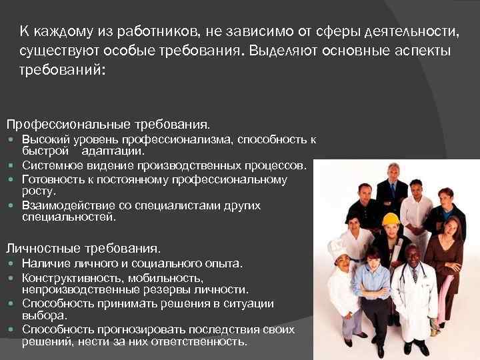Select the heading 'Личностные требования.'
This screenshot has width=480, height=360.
pyautogui.click(x=83, y=249)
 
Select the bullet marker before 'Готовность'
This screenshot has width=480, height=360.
pyautogui.click(x=13, y=180)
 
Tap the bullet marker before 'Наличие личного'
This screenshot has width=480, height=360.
pyautogui.click(x=13, y=265)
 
